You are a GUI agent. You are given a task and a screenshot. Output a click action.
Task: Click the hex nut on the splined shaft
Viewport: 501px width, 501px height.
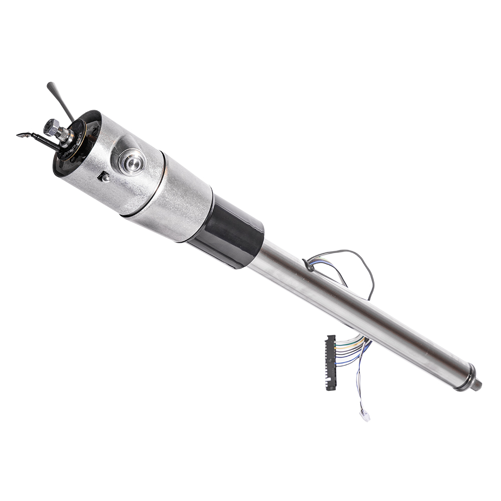point(51,127)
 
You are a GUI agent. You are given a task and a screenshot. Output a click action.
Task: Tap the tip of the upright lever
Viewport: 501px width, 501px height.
point(50,85)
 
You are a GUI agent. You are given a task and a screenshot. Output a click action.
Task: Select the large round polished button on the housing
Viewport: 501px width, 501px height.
point(132,162)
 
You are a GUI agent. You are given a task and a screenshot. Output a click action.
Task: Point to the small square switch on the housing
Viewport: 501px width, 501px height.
point(104,176)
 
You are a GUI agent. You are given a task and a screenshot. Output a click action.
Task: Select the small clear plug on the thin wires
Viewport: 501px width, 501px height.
point(365,415)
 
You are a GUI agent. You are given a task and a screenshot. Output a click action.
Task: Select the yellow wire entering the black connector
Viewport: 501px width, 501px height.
point(346,341)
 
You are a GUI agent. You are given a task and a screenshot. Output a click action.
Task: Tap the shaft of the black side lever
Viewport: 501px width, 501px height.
point(43,141)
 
